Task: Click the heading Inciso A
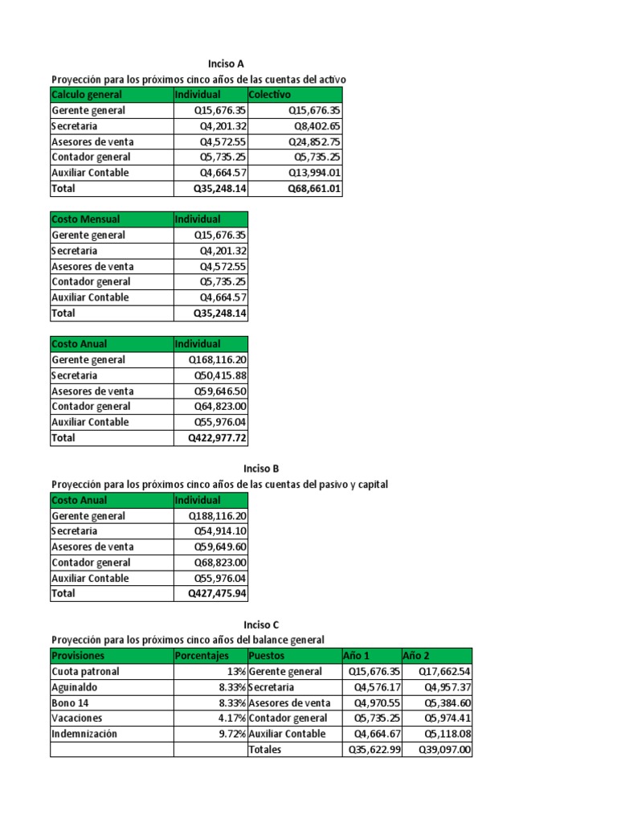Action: coord(220,63)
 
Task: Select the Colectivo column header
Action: coord(270,95)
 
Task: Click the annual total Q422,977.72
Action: coord(218,438)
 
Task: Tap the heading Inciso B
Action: coord(260,468)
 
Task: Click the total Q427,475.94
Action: coord(218,593)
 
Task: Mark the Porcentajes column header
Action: coord(202,656)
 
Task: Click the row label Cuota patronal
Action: coord(85,671)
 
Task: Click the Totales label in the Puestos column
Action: coord(266,750)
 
